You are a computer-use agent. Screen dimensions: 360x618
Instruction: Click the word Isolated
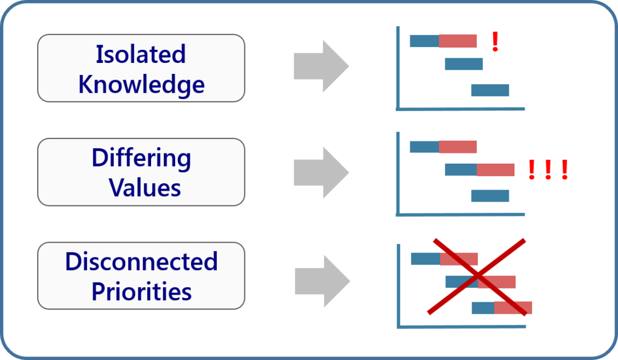[141, 54]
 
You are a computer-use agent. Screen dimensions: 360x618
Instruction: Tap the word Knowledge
[141, 84]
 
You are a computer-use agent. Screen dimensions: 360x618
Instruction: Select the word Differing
[141, 158]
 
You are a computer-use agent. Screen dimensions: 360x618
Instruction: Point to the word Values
[145, 187]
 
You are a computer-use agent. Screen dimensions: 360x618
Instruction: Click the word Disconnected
[141, 262]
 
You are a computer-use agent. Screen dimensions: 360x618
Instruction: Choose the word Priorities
[141, 291]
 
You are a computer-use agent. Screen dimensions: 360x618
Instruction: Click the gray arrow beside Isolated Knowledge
[321, 66]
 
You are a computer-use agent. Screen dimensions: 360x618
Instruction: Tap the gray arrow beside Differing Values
[321, 172]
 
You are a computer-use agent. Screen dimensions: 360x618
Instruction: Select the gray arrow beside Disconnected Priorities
[322, 281]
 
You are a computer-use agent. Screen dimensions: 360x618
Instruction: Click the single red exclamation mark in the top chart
[495, 42]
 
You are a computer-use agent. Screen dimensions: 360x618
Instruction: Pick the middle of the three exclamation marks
[548, 170]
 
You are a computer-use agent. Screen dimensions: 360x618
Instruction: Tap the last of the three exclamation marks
[565, 170]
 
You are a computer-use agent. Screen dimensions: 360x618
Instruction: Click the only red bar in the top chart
[458, 41]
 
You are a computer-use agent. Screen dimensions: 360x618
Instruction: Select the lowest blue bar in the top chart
[490, 90]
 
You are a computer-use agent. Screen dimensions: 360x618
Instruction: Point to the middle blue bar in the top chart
[463, 64]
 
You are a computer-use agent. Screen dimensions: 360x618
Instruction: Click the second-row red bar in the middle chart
[496, 170]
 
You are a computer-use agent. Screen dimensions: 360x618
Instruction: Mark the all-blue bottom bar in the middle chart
[490, 196]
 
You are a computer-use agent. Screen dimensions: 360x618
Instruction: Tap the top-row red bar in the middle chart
[458, 147]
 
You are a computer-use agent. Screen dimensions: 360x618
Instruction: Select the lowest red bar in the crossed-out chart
[513, 308]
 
